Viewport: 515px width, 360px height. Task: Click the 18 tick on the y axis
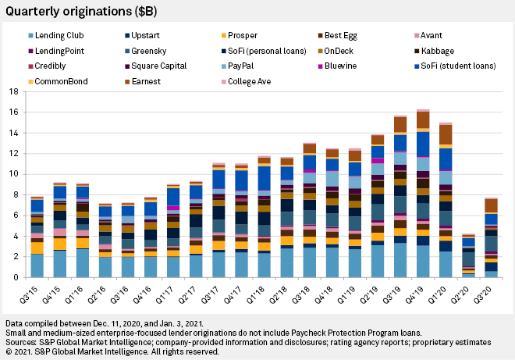(13, 91)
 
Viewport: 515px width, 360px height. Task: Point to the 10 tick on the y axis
(13, 173)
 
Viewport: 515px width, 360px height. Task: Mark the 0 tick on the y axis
(16, 277)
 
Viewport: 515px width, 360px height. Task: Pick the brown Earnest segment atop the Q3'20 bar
(492, 205)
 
